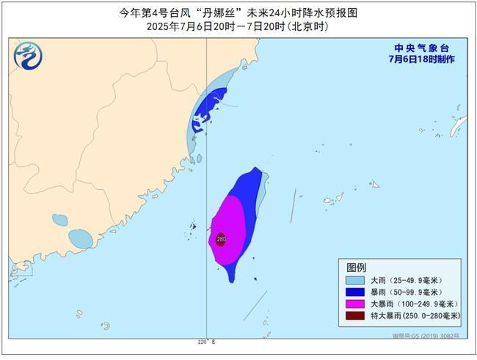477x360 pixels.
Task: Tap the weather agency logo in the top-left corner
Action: (x=28, y=55)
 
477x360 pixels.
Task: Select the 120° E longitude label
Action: (x=206, y=342)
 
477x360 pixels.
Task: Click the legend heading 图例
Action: (x=357, y=266)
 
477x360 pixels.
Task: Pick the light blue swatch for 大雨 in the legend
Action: (x=357, y=280)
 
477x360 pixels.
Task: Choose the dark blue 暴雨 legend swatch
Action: (x=357, y=292)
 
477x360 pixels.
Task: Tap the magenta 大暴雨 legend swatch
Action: (x=357, y=304)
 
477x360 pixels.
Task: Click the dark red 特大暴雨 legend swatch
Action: (x=357, y=315)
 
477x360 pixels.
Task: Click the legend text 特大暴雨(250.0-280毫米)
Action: (x=416, y=315)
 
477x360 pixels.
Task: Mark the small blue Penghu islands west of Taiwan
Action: (x=194, y=226)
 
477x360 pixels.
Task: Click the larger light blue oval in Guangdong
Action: (x=80, y=238)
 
